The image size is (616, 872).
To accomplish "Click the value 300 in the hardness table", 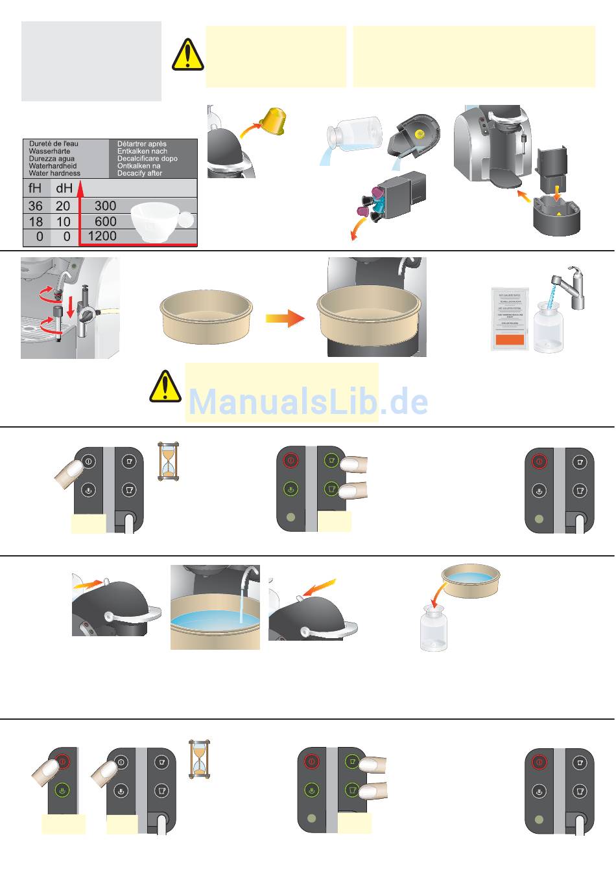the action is coord(105,206).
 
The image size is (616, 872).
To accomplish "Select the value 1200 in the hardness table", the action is coord(102,236).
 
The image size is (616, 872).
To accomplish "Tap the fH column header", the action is coord(36,189).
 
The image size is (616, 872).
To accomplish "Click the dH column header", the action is coord(64,189).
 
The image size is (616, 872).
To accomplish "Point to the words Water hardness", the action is coord(54,174).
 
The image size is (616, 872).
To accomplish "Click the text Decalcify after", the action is coord(139,174).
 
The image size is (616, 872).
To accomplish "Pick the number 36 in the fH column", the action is coord(36,206).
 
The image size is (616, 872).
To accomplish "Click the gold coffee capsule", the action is coord(273,121).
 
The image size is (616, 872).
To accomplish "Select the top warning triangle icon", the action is coord(187,54).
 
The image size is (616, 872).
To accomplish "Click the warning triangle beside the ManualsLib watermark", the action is coord(165,386).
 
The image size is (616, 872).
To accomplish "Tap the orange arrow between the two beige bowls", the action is coord(285,318).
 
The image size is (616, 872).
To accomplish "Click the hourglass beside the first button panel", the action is coord(169,461).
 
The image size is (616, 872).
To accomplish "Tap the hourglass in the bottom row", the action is coord(200,759).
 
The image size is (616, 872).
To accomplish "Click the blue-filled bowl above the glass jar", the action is coord(471,578).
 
